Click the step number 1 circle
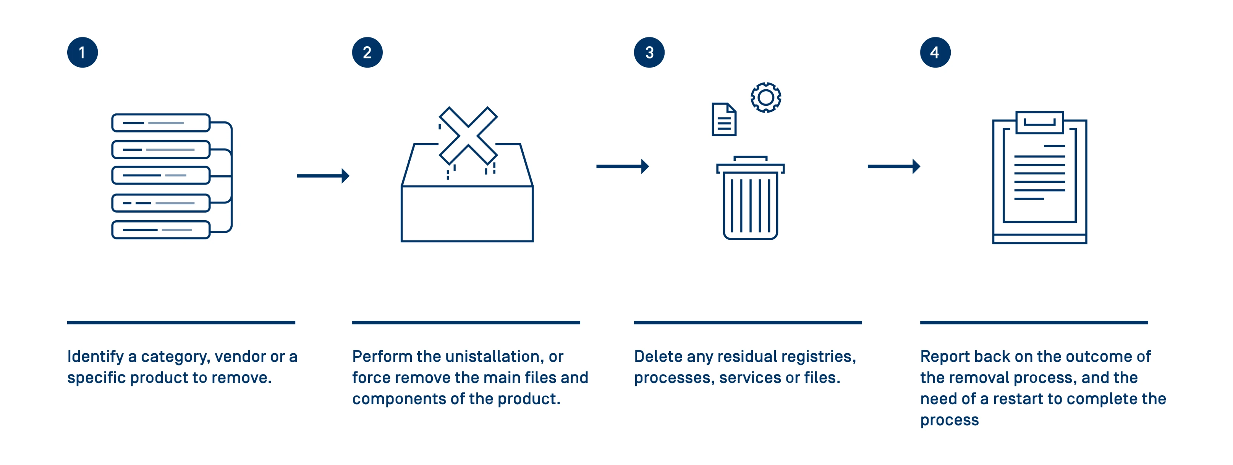click(x=83, y=52)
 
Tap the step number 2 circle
click(x=367, y=52)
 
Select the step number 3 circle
click(x=649, y=52)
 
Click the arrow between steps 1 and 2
click(x=323, y=176)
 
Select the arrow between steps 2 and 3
click(x=622, y=166)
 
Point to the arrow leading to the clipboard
click(x=894, y=166)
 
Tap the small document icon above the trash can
click(x=724, y=119)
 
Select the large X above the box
click(x=468, y=136)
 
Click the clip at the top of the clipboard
click(x=1039, y=123)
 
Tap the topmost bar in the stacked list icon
click(x=161, y=123)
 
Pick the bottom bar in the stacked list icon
click(x=161, y=229)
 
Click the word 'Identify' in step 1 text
click(x=96, y=357)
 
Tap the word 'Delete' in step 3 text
click(x=658, y=357)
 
